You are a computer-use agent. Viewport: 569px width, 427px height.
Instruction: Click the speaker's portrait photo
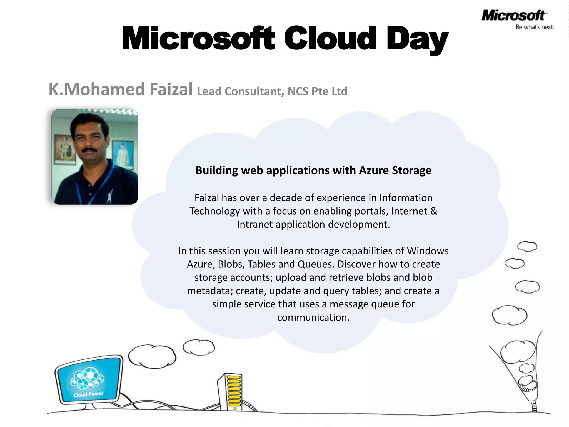click(x=95, y=157)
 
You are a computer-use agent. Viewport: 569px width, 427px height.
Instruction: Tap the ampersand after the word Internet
click(x=434, y=211)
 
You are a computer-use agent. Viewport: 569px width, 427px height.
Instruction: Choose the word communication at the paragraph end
click(x=313, y=317)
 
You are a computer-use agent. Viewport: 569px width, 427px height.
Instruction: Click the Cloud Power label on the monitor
click(x=88, y=394)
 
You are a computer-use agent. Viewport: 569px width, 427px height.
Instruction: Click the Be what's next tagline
click(x=535, y=27)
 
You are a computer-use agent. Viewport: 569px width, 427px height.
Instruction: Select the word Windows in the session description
click(x=428, y=251)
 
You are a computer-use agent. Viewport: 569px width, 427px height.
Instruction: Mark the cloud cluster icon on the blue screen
click(x=87, y=378)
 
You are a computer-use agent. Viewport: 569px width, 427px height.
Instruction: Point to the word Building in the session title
click(x=217, y=170)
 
